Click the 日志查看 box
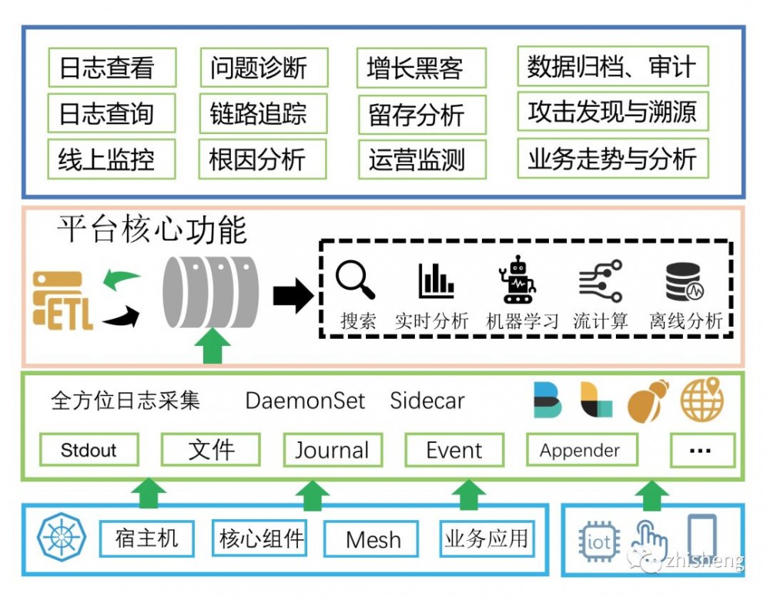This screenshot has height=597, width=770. point(112,68)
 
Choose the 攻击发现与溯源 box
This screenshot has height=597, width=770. point(612,112)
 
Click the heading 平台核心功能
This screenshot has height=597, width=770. point(152,230)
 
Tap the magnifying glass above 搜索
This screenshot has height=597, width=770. point(355,280)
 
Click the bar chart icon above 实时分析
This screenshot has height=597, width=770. point(436,281)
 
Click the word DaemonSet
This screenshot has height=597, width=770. point(305,401)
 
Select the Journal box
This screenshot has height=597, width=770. point(332,450)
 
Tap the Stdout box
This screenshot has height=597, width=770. point(89,450)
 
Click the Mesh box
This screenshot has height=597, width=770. point(373,539)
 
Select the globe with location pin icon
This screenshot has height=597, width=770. point(701,401)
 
